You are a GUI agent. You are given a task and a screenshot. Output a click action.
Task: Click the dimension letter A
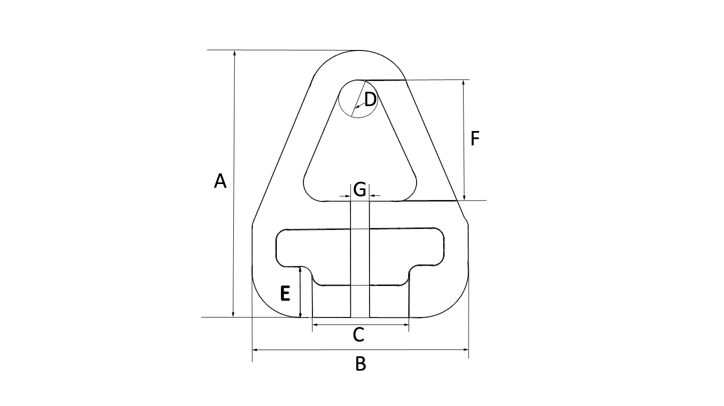click(220, 181)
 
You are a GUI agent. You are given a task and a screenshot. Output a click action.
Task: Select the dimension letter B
click(360, 364)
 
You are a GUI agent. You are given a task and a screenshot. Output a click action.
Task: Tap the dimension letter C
click(358, 335)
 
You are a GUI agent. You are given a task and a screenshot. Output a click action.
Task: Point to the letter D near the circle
click(370, 100)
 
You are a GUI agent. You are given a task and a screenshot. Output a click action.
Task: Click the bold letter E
click(285, 293)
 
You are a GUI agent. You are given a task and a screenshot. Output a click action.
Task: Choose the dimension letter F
click(475, 138)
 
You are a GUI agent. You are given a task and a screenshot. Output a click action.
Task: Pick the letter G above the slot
click(359, 189)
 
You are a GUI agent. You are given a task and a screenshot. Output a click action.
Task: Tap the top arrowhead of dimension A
click(233, 53)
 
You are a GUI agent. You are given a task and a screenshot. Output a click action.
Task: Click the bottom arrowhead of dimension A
click(233, 313)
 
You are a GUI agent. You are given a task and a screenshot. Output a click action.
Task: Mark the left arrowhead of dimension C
click(315, 325)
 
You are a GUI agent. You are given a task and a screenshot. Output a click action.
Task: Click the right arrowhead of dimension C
click(406, 325)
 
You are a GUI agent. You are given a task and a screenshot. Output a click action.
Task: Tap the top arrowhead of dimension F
click(464, 83)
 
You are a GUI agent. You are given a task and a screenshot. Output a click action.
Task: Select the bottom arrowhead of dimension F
click(464, 197)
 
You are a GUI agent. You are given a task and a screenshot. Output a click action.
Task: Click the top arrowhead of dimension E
click(299, 270)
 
